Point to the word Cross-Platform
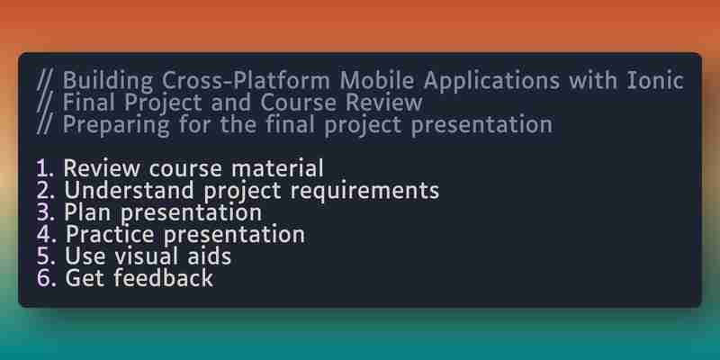tap(245, 81)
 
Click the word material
tap(277, 168)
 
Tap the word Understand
tap(129, 190)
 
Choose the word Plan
tap(88, 212)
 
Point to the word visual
tap(149, 256)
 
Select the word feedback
tap(163, 278)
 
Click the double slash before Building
tap(45, 82)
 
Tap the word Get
tap(85, 278)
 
